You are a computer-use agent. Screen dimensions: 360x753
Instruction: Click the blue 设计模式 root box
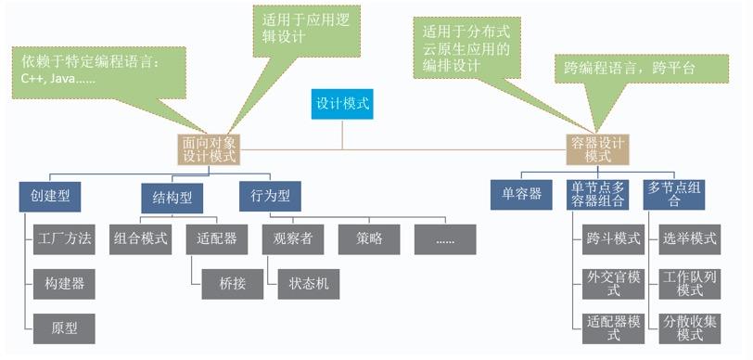[343, 104]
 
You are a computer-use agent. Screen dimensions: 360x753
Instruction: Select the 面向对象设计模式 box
[209, 149]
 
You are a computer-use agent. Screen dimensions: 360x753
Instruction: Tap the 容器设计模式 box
[597, 149]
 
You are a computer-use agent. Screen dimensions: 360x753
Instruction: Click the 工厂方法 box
[62, 238]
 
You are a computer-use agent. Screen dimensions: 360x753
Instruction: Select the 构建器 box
[62, 282]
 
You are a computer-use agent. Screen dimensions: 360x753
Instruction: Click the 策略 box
[369, 238]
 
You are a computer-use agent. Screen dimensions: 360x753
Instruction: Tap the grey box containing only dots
[445, 238]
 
